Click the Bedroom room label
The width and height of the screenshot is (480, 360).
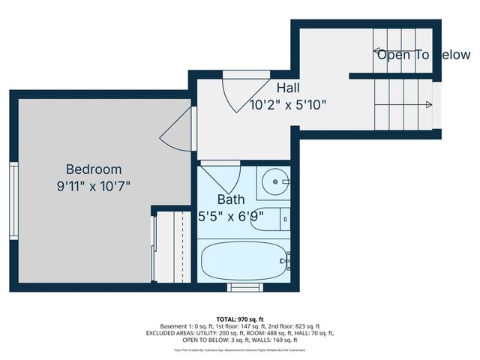[93, 169]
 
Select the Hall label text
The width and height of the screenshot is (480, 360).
[288, 88]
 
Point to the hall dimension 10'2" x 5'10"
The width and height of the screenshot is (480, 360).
[288, 105]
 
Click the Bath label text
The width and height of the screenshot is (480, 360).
[230, 199]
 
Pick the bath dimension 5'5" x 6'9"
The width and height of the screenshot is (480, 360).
[230, 217]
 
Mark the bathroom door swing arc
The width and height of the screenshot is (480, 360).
[223, 178]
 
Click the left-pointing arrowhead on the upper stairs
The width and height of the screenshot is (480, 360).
[377, 52]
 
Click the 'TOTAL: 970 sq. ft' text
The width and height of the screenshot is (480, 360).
[241, 319]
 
